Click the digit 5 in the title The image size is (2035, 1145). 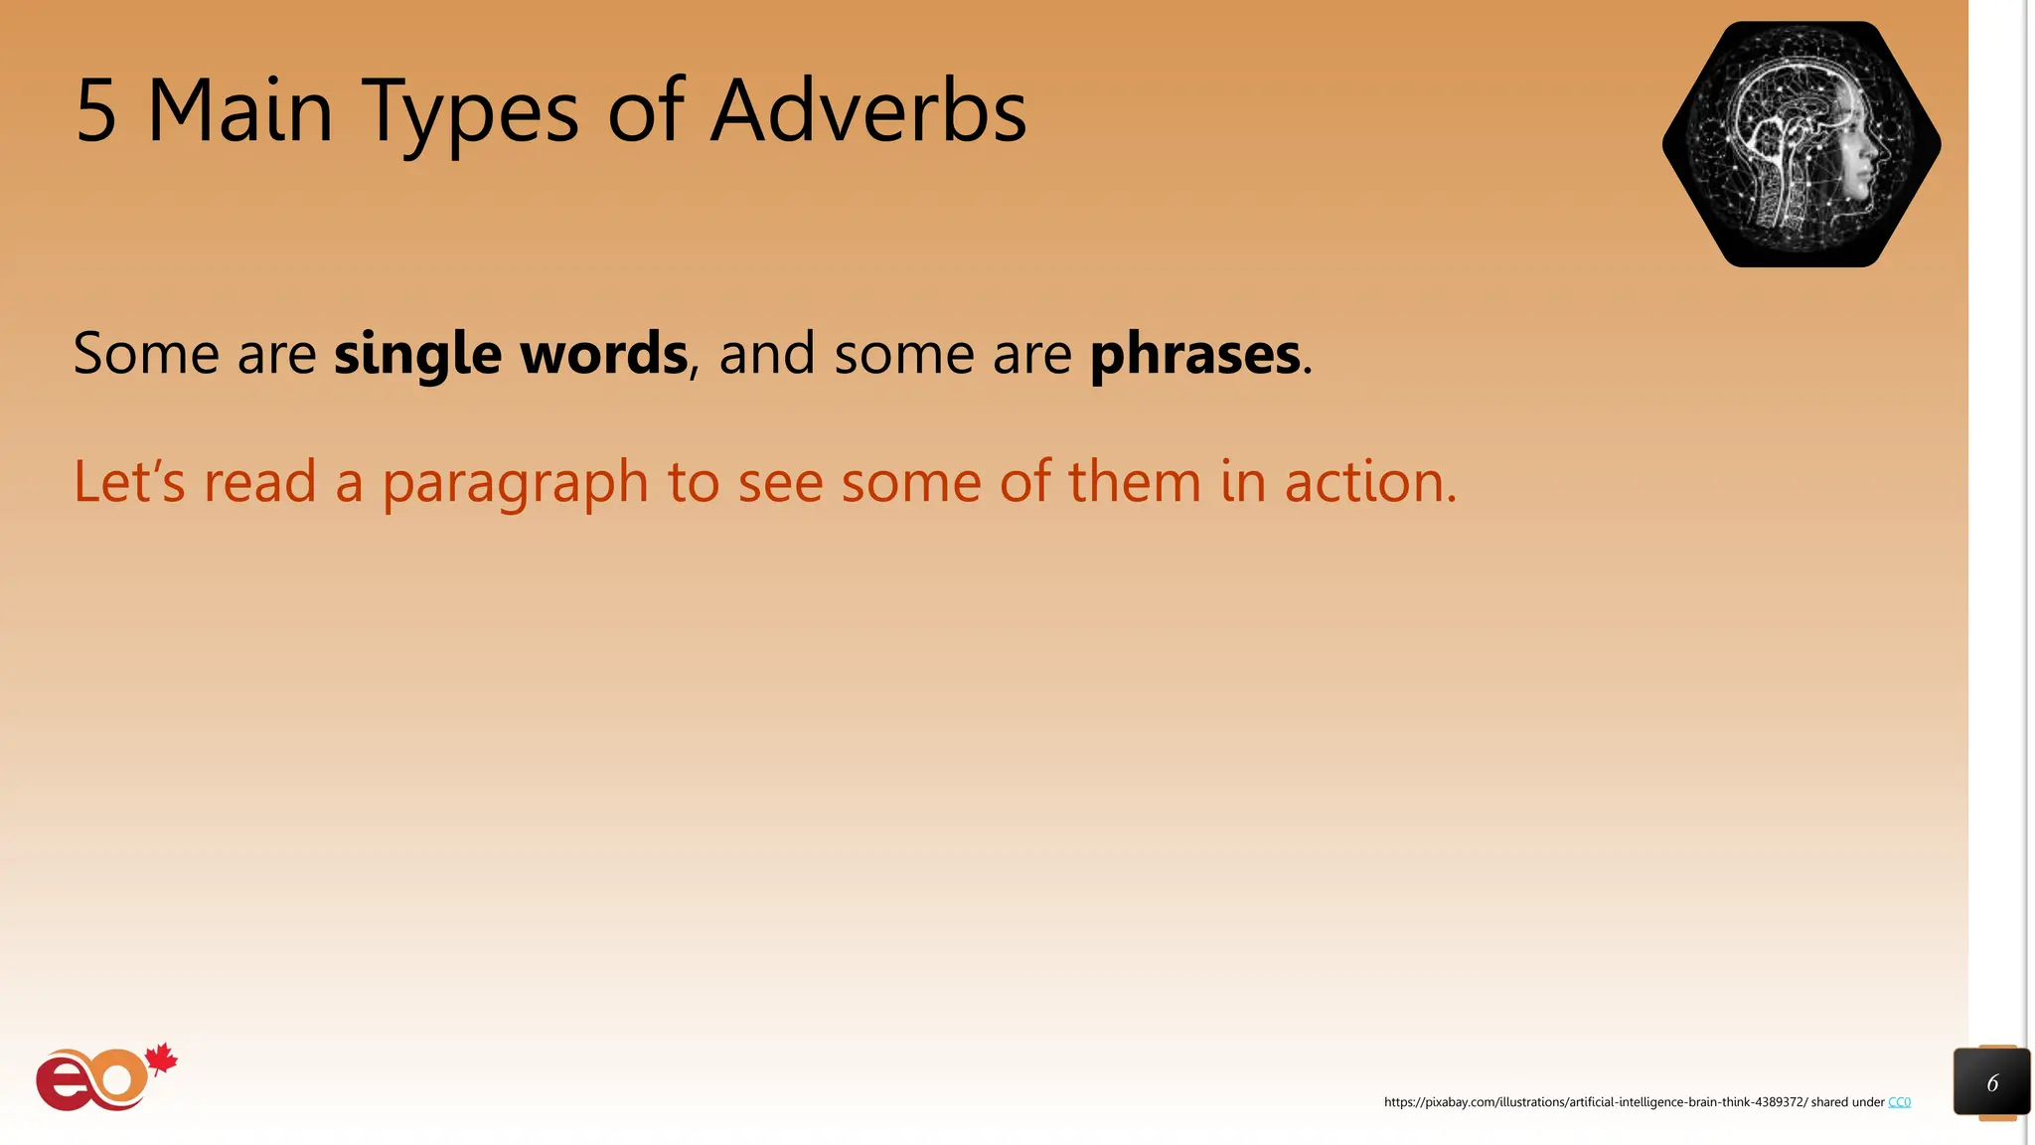click(x=96, y=111)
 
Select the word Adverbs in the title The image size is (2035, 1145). click(x=867, y=111)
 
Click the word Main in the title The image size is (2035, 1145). click(x=239, y=111)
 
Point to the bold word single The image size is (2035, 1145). click(x=417, y=355)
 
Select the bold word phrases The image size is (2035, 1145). click(x=1194, y=355)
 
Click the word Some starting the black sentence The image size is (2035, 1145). click(x=146, y=354)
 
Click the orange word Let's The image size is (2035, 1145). click(x=129, y=482)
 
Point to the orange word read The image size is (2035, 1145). click(x=259, y=482)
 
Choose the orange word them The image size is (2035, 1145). click(x=1134, y=482)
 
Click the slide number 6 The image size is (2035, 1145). click(x=1991, y=1083)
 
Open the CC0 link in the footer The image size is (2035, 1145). click(x=1899, y=1102)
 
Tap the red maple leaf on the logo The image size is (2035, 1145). click(x=162, y=1061)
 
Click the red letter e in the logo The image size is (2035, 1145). click(x=61, y=1085)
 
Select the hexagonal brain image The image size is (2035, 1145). click(x=1800, y=145)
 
